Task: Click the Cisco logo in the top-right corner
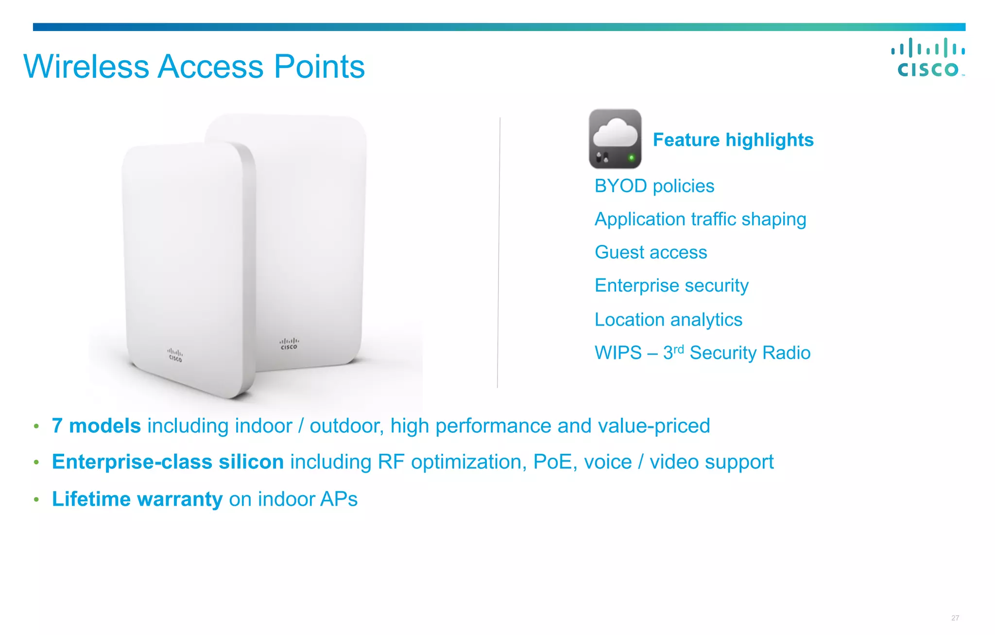pos(927,58)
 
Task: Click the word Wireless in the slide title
pos(86,67)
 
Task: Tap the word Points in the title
pos(319,67)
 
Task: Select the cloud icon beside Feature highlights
pos(615,139)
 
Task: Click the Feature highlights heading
pos(733,140)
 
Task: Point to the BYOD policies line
pos(654,186)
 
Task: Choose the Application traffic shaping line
pos(700,219)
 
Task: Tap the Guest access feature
pos(651,253)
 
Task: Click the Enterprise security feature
pos(671,286)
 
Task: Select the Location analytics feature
pos(668,320)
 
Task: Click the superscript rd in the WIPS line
pos(678,349)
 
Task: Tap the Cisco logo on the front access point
pos(175,355)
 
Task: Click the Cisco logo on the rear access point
pos(289,344)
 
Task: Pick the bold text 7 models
pos(96,426)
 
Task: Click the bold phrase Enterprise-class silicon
pos(168,462)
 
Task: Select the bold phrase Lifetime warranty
pos(137,499)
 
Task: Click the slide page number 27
pos(955,618)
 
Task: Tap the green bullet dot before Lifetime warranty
pos(36,499)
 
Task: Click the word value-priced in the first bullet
pos(653,426)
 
